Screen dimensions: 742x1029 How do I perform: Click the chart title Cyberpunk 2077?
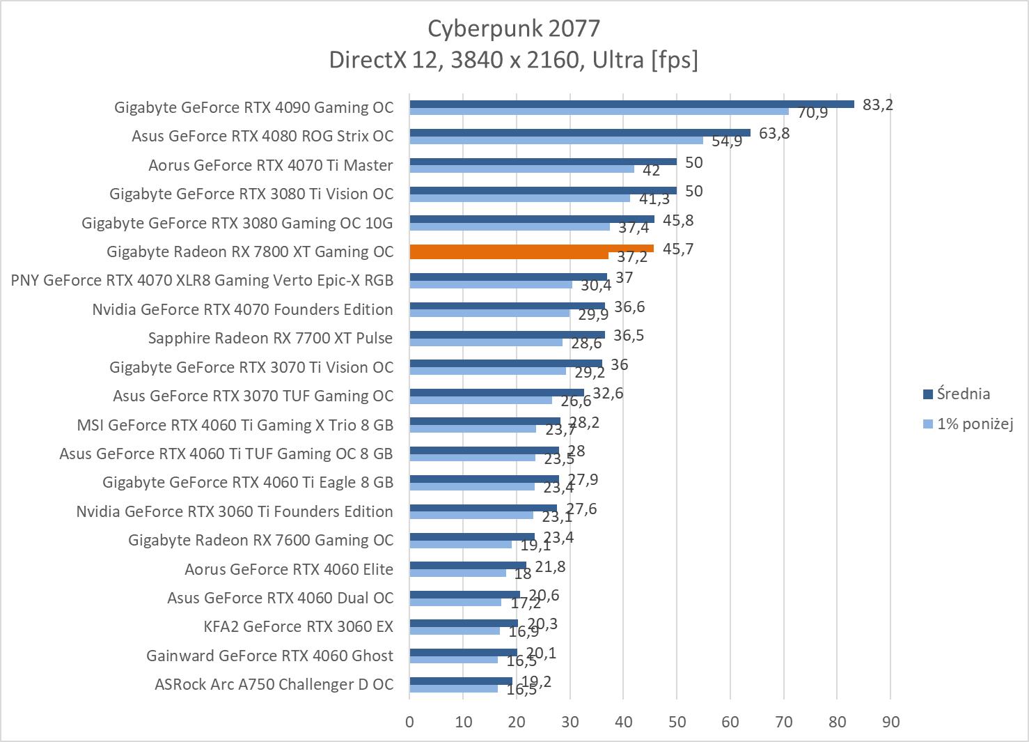click(x=514, y=28)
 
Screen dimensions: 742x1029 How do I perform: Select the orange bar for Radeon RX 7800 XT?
click(x=531, y=248)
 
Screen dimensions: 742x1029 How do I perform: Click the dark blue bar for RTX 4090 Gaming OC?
click(x=631, y=105)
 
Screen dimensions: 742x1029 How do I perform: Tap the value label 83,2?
click(x=877, y=105)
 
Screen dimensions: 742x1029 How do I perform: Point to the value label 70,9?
click(x=812, y=112)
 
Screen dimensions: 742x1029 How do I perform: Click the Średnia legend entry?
click(x=963, y=394)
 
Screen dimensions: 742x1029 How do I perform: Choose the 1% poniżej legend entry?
click(x=974, y=424)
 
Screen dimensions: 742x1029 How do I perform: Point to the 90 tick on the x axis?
click(x=890, y=722)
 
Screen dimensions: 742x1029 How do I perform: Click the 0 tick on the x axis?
click(x=409, y=722)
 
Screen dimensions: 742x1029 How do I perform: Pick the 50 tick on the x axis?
click(x=677, y=722)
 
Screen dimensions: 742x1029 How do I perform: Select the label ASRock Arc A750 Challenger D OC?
click(x=274, y=684)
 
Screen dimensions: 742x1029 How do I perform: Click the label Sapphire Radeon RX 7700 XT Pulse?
click(x=270, y=338)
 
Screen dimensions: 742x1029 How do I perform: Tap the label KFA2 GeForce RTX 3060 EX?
click(x=298, y=626)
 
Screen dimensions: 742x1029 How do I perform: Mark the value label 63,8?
click(x=774, y=133)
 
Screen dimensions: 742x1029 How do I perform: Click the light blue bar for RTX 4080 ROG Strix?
click(x=556, y=140)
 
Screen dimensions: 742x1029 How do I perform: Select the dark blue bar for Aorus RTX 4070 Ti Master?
click(x=543, y=162)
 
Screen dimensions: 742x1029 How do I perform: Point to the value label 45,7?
click(x=678, y=249)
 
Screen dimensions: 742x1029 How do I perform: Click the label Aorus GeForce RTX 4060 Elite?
click(x=289, y=569)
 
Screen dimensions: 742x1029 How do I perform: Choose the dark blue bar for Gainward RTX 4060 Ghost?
click(x=463, y=652)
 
